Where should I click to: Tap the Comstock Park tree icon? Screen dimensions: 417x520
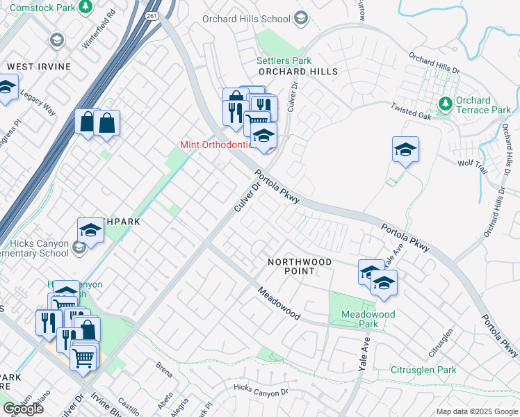(x=85, y=7)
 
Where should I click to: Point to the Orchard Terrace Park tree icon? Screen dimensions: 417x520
(x=446, y=104)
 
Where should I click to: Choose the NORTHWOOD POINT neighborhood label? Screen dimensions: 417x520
(x=300, y=265)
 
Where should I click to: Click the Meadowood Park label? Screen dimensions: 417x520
(x=368, y=319)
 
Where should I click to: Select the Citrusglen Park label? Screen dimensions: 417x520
(x=423, y=370)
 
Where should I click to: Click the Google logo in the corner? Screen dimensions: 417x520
(x=23, y=409)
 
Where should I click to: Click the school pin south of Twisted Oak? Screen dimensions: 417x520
(x=405, y=150)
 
